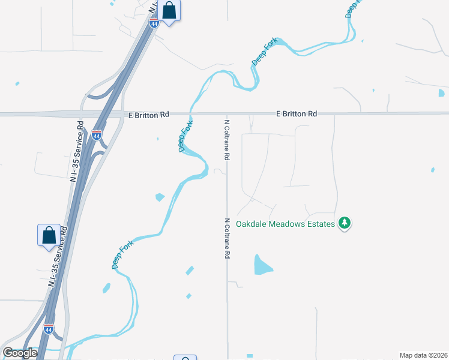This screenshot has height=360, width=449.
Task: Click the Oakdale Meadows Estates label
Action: point(285,224)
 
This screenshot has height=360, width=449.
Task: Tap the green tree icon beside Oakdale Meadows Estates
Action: point(344,223)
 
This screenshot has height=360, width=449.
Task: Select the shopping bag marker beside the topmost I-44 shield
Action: point(170,11)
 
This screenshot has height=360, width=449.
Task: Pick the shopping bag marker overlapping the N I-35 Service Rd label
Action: point(49,235)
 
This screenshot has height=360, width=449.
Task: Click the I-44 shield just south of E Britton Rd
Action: point(97,136)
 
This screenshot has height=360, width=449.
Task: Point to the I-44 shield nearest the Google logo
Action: point(49,329)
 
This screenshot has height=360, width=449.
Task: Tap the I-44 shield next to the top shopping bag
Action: point(154,23)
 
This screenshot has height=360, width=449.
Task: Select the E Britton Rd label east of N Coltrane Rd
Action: point(297,113)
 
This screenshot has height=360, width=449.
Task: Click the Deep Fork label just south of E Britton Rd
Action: point(185,137)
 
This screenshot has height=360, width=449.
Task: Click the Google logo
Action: point(20,353)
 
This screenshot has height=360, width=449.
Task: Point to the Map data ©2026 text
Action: point(423,355)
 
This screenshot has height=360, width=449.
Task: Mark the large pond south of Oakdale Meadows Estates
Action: point(262,265)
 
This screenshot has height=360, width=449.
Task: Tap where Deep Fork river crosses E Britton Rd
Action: point(191,113)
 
